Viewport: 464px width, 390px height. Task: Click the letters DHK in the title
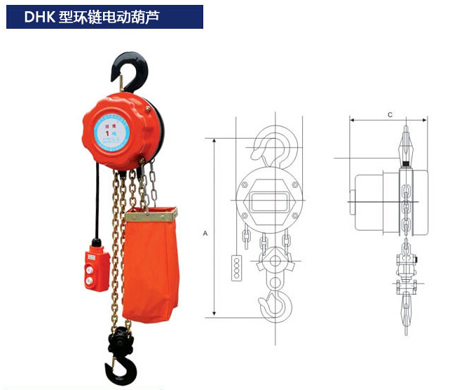[x=41, y=17]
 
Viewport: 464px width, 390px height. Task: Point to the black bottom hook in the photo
[x=120, y=358]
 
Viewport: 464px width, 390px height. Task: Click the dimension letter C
[x=389, y=114]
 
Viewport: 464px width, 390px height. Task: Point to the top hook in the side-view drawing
[x=406, y=144]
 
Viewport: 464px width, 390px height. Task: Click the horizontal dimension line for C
[x=389, y=121]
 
